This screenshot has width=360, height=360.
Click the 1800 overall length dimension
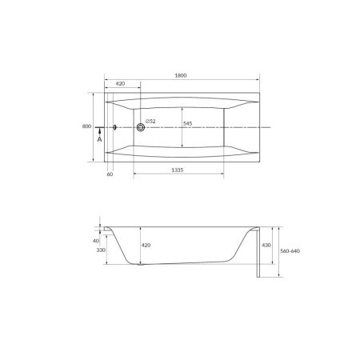pyautogui.click(x=181, y=75)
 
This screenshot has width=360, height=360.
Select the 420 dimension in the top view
pyautogui.click(x=120, y=84)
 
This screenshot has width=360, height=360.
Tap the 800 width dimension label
pyautogui.click(x=86, y=126)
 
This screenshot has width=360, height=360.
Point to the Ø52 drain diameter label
pyautogui.click(x=150, y=122)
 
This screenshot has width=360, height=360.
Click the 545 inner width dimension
pyautogui.click(x=187, y=124)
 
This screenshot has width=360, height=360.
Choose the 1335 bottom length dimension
pyautogui.click(x=178, y=170)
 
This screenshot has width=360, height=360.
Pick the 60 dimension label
pyautogui.click(x=110, y=174)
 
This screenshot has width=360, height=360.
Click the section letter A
pyautogui.click(x=99, y=139)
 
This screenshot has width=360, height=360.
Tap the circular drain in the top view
pyautogui.click(x=141, y=127)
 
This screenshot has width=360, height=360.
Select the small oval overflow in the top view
pyautogui.click(x=115, y=127)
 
